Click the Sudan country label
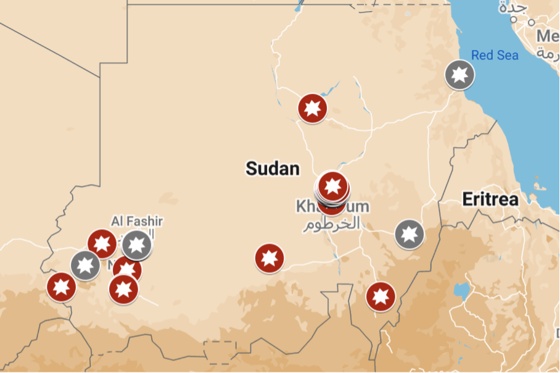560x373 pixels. coord(273,168)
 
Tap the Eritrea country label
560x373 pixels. coord(490,199)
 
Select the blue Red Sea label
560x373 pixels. coord(495,55)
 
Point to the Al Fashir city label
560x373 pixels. coord(137,220)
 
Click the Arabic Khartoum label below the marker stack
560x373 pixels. coord(331,224)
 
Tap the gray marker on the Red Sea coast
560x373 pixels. coord(459,75)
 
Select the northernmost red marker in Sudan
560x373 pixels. coord(312,108)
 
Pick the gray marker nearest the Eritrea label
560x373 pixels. coord(409,234)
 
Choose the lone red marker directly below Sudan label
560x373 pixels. coord(270,258)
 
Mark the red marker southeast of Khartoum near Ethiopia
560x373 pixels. coord(381,296)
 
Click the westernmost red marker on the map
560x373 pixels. coord(62,287)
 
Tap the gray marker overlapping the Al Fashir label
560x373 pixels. coord(137,245)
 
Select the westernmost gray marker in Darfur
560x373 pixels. coord(85,265)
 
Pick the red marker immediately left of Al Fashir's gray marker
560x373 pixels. coord(102,243)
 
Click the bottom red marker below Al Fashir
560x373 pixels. coord(123,288)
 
